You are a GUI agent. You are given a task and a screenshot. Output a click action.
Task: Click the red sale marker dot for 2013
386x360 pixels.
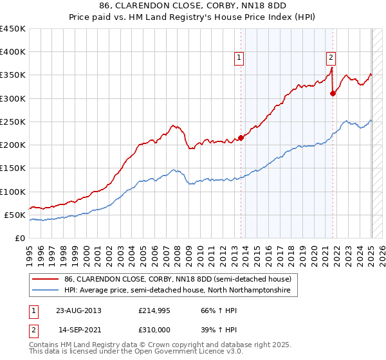pos(241,138)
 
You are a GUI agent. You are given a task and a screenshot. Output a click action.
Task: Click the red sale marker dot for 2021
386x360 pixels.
pos(333,93)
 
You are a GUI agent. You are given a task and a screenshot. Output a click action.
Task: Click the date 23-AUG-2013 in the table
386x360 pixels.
pos(78,310)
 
